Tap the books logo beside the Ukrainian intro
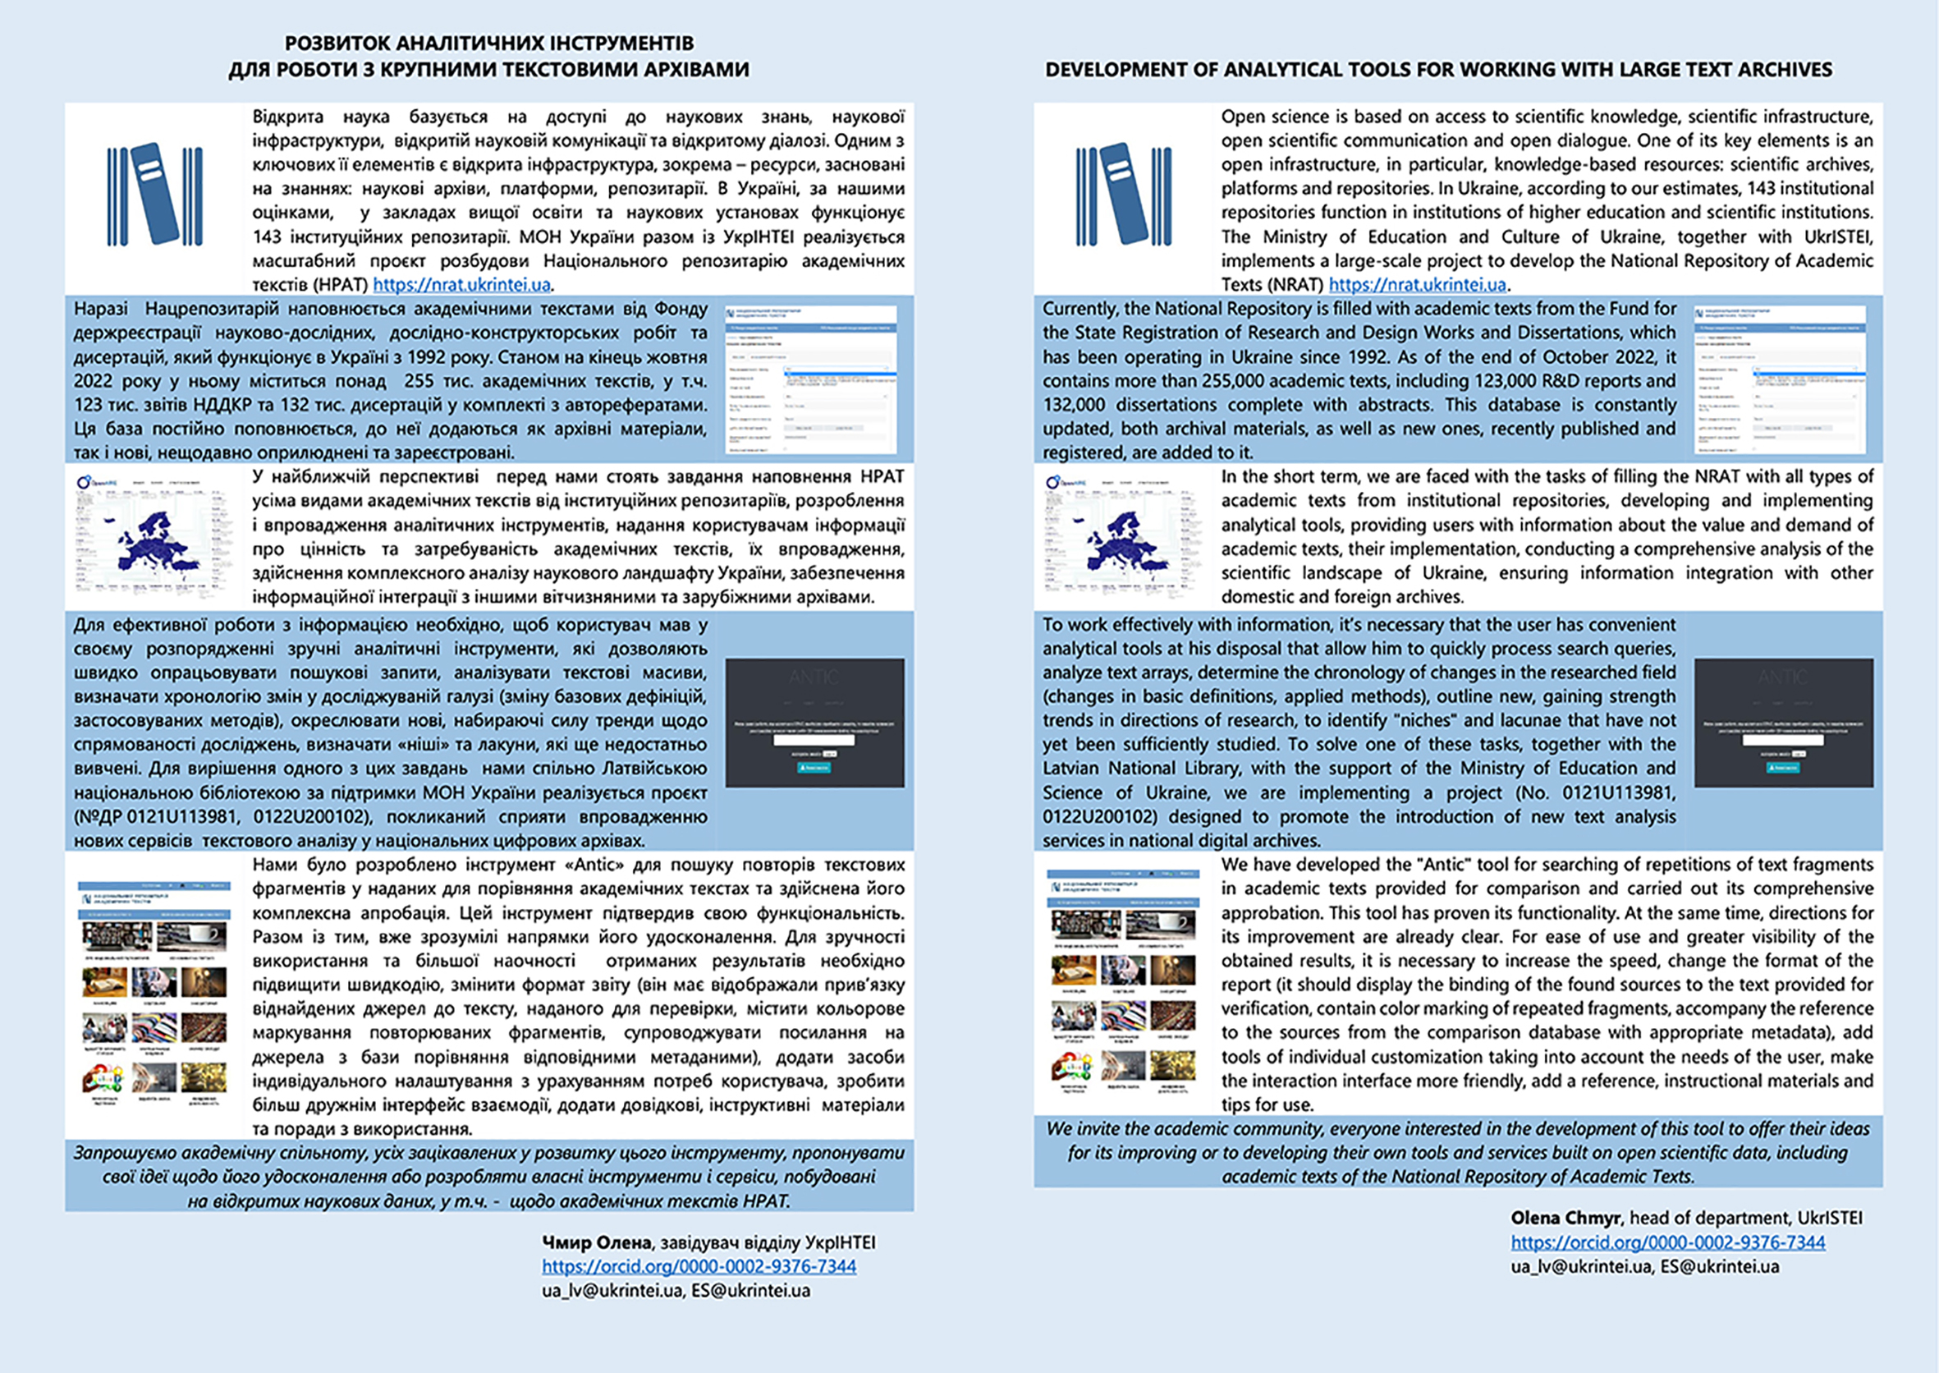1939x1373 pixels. pos(154,195)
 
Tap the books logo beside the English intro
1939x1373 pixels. pos(1123,195)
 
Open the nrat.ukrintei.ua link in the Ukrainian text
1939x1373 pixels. pos(461,285)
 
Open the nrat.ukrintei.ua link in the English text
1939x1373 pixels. pos(1418,285)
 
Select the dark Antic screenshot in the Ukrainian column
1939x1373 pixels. pos(814,723)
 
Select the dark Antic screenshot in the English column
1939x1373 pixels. pos(1784,723)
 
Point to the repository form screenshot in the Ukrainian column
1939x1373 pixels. pos(810,379)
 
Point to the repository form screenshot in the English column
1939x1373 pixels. pos(1780,379)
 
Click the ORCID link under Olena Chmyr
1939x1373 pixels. pos(1667,1242)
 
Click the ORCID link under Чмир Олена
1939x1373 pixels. pos(699,1266)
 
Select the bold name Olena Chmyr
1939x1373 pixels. pos(1565,1219)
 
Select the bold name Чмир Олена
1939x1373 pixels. pos(596,1242)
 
